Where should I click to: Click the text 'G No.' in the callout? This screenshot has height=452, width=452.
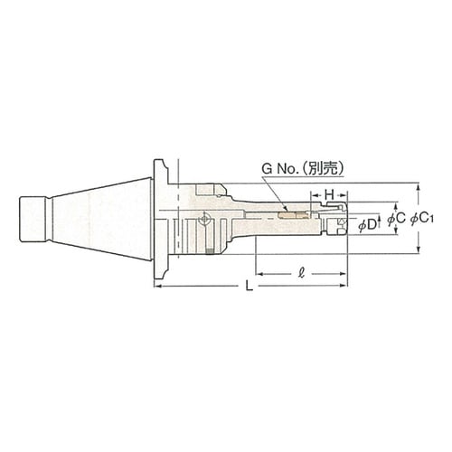tap(280, 169)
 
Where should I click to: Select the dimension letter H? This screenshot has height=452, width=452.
tap(329, 195)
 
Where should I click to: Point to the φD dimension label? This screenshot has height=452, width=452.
tap(368, 224)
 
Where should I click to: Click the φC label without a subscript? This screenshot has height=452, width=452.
tap(396, 219)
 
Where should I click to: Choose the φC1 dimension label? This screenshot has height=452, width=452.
tap(421, 219)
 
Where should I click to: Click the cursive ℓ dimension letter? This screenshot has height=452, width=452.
tap(301, 274)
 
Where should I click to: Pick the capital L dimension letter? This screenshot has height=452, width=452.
tap(249, 286)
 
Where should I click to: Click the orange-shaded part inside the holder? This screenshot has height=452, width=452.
tap(294, 216)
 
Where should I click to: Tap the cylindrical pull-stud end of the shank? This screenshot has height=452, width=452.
tap(33, 219)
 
